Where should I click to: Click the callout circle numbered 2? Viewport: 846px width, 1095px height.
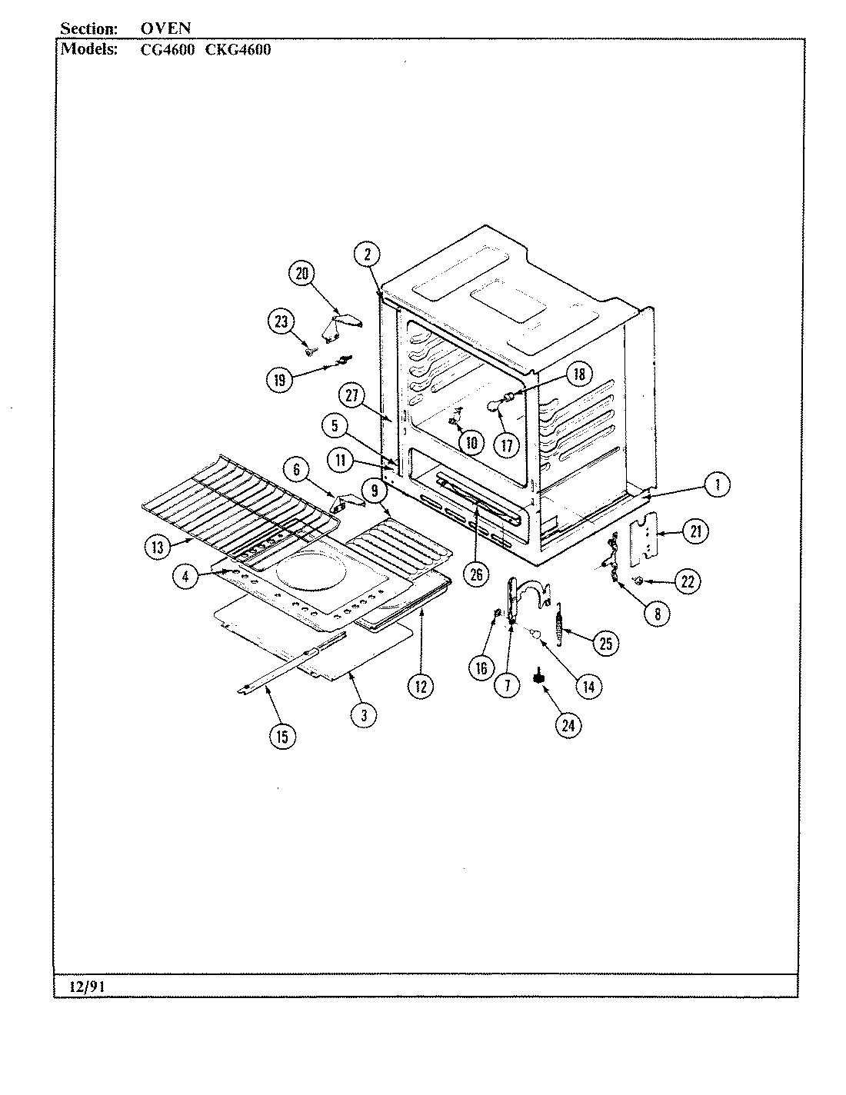coord(368,255)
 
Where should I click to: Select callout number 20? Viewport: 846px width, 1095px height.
coord(302,274)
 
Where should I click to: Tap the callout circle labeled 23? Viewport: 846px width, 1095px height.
coord(281,322)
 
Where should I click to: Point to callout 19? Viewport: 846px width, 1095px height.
coord(280,379)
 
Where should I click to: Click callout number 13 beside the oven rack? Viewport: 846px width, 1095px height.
coord(158,547)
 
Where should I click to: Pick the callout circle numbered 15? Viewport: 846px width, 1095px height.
coord(281,736)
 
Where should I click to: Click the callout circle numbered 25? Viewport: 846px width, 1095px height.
coord(605,643)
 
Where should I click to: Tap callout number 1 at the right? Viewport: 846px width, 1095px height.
coord(717,484)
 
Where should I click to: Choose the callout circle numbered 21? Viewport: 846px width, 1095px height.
coord(694,531)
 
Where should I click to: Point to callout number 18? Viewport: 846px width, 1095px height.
coord(578,374)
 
